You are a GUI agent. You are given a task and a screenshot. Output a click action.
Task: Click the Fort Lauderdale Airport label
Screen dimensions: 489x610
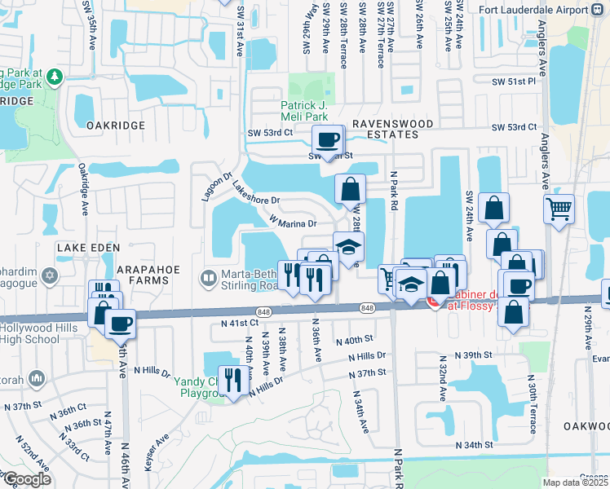531,11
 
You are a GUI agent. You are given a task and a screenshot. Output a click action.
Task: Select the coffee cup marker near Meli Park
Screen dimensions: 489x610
328,140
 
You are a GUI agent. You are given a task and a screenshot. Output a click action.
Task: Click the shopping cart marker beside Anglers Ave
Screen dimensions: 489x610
559,209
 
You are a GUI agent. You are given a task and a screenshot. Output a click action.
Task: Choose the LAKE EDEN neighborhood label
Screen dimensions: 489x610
88,247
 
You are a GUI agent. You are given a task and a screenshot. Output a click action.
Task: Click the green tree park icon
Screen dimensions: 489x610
55,77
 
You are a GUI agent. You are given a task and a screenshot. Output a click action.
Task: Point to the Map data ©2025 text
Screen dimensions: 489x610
575,482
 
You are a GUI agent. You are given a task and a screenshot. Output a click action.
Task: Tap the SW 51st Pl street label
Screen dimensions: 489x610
514,81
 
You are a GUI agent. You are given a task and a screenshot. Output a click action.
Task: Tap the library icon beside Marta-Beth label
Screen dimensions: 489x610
209,279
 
